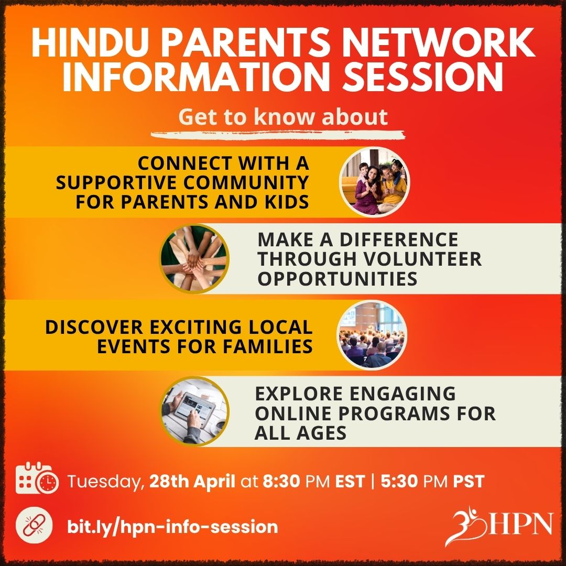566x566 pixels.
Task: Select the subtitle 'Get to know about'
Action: coord(283,117)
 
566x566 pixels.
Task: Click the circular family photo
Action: coord(374,182)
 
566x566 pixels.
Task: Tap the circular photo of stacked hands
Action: coord(194,258)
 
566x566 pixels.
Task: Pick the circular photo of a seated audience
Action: coord(372,335)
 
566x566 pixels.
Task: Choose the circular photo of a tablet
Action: coord(194,411)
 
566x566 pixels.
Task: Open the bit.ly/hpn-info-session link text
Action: coord(172,526)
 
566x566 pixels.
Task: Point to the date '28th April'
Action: coord(192,481)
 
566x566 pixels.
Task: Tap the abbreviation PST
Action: coord(469,481)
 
